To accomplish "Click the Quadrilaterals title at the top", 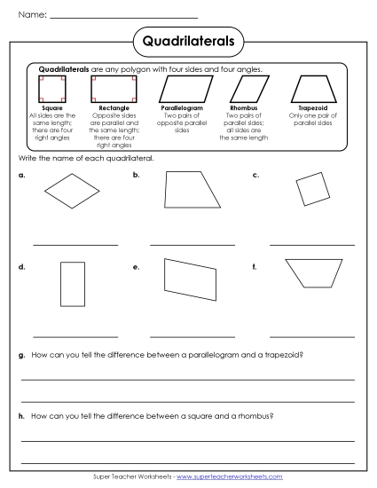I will tap(188, 41).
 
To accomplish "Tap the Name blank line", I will tap(123, 17).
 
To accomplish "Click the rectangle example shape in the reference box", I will tap(107, 89).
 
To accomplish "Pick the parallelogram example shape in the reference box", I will tap(176, 89).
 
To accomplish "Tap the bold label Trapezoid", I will tap(312, 108).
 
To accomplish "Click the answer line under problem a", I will tap(75, 244).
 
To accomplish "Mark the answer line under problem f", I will tap(311, 337).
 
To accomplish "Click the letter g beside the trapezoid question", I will tap(21, 355).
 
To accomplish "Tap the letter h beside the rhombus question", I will tap(21, 415).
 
